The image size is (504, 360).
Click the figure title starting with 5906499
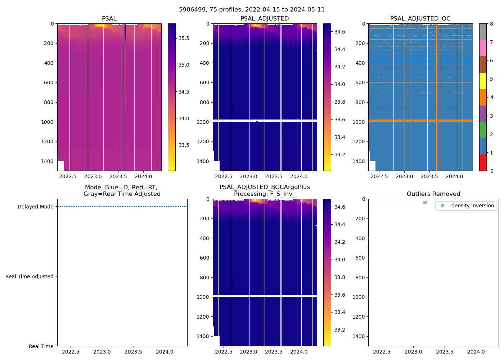tap(252, 10)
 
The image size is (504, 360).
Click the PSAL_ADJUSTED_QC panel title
tap(420, 19)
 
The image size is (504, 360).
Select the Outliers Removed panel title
tap(433, 194)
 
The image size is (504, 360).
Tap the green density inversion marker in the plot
tap(425, 203)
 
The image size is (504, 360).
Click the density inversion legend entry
tap(472, 206)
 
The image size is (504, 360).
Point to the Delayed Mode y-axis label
tap(35, 207)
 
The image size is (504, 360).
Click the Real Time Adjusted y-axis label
tap(29, 276)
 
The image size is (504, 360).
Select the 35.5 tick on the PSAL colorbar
tap(184, 38)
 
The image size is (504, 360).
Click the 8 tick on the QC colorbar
tap(491, 24)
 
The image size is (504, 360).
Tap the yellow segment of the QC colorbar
tap(483, 81)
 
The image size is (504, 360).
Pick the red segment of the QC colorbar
tap(483, 163)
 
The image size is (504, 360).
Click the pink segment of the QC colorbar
tap(483, 48)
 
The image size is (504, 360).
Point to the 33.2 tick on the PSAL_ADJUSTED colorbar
tap(340, 155)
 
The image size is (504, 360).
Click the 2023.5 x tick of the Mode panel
tap(133, 352)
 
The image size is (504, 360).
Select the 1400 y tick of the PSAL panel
tap(47, 161)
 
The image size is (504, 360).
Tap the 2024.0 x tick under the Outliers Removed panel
tap(476, 352)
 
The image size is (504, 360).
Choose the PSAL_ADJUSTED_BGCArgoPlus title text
tap(265, 187)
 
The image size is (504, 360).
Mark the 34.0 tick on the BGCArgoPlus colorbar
tap(340, 260)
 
